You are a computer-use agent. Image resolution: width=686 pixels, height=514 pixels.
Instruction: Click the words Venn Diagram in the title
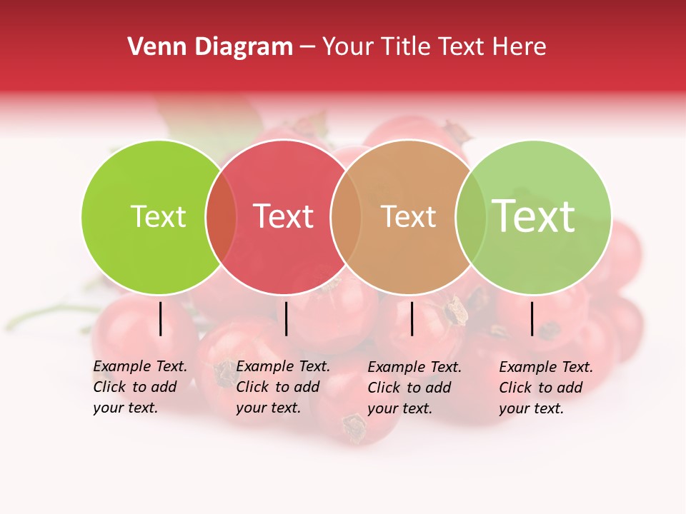click(210, 47)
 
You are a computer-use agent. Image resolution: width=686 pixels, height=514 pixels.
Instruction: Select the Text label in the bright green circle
click(159, 216)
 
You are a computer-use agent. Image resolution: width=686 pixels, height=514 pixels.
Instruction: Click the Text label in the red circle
click(284, 216)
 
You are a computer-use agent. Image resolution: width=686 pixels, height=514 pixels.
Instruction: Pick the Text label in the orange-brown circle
click(408, 216)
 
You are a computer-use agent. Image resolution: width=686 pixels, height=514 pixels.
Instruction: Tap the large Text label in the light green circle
click(534, 216)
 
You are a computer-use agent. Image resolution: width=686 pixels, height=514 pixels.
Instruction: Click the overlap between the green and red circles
click(221, 216)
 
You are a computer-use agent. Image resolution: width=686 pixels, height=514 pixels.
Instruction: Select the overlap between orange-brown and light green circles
click(469, 216)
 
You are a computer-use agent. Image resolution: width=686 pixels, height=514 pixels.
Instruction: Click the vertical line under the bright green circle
click(161, 318)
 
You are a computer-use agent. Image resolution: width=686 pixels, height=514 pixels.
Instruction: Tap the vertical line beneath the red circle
click(286, 318)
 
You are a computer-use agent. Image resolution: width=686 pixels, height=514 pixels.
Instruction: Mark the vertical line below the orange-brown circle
click(412, 318)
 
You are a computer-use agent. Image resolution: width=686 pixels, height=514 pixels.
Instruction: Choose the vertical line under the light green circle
click(532, 318)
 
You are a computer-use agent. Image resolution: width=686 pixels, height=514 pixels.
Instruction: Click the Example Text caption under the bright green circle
click(140, 387)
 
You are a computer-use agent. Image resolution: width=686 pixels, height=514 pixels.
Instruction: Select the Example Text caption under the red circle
click(283, 387)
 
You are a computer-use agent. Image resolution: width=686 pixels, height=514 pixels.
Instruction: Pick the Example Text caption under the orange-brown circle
click(414, 388)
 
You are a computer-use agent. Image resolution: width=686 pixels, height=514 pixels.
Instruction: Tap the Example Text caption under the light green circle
click(546, 388)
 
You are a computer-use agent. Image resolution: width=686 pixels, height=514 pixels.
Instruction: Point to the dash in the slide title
click(307, 48)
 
